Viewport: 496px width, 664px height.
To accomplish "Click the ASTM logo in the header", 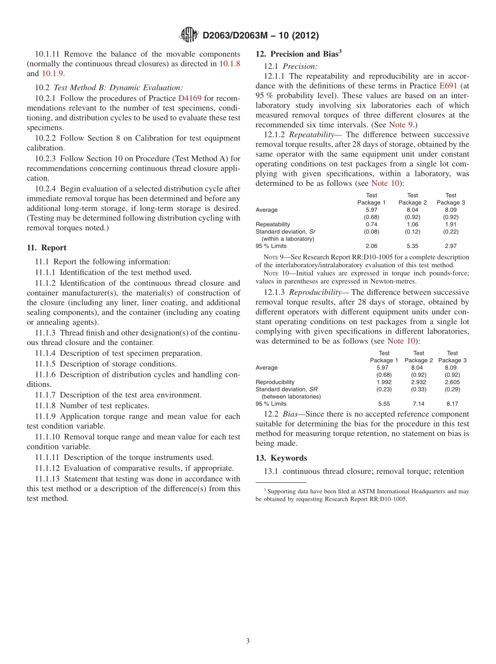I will [x=189, y=35].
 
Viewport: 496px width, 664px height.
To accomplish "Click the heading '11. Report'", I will [x=46, y=248].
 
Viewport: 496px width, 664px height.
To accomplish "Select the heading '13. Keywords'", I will [x=281, y=458].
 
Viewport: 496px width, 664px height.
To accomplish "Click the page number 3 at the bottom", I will [x=248, y=641].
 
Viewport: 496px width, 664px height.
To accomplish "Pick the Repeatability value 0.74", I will [x=371, y=224].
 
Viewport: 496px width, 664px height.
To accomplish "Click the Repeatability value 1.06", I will [x=412, y=224].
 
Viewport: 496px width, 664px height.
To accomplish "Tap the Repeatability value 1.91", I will [x=451, y=224].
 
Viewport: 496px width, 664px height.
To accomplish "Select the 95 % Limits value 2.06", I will [x=371, y=245].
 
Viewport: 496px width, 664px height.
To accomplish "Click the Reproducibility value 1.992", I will [x=384, y=382].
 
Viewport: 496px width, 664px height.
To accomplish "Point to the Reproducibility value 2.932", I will [x=418, y=382].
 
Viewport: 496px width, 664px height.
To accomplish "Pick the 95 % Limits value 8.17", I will [x=452, y=404].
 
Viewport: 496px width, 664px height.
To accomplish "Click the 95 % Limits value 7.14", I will [x=418, y=404].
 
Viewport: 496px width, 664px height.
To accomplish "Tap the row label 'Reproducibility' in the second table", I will [x=275, y=382].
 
